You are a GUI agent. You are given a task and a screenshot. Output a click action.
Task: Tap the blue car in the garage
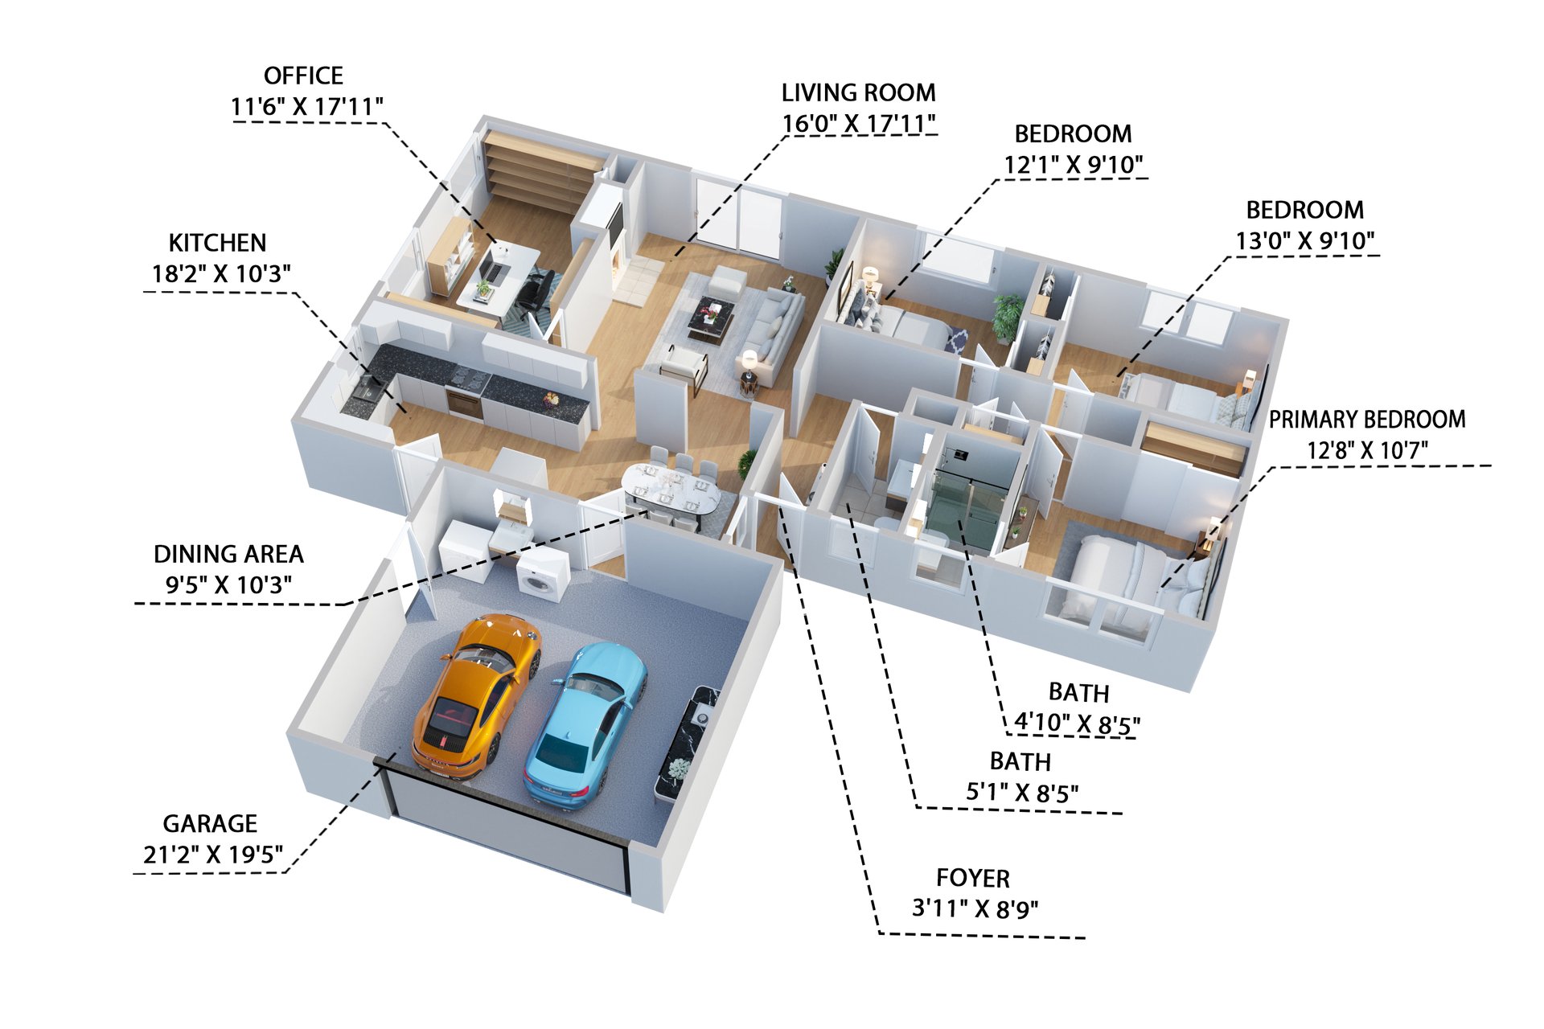click(x=585, y=724)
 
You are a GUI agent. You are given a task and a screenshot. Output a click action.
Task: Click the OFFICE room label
click(x=303, y=76)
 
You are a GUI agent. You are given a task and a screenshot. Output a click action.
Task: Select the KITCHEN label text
click(x=217, y=243)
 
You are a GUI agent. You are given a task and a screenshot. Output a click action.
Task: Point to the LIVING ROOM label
click(x=858, y=92)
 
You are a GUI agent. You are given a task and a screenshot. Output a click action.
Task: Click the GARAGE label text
click(x=210, y=823)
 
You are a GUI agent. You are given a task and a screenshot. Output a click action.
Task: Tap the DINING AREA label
click(x=228, y=554)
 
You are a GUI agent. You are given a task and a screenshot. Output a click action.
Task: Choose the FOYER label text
click(x=973, y=878)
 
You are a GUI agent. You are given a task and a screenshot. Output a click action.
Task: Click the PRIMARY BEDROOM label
click(x=1367, y=419)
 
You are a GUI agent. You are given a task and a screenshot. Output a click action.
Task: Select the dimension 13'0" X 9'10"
click(x=1305, y=240)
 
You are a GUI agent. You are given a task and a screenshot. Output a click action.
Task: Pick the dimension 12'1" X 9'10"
click(x=1073, y=165)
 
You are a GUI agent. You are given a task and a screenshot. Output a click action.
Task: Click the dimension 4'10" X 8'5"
click(x=1077, y=724)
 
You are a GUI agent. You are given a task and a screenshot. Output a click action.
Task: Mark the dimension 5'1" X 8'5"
click(x=1022, y=793)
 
